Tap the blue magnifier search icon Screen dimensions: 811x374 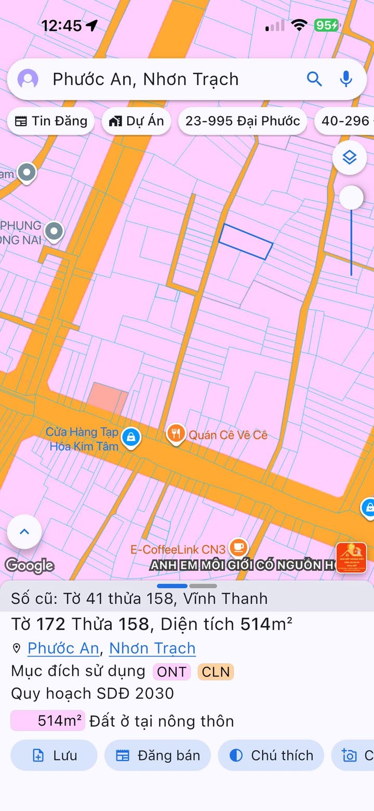coord(314,79)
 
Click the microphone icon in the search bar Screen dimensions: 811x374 coord(346,79)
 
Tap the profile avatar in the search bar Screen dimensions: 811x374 coord(28,79)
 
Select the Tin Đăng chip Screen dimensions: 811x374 coord(50,121)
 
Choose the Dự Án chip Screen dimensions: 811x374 coord(136,121)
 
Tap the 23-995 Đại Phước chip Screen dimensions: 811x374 coord(243,121)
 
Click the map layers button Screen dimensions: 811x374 coord(350,157)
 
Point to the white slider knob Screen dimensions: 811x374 coord(351,198)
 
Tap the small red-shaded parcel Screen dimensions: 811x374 coord(106,398)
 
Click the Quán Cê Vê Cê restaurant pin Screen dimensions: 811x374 coord(177,434)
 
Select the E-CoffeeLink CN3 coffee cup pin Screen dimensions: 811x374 coord(238,547)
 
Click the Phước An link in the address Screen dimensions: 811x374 coord(63,648)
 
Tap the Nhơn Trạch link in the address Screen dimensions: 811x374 coord(152,648)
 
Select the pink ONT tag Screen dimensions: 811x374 coord(171,672)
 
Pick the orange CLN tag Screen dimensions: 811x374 coord(216,672)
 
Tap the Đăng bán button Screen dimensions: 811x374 coord(157,755)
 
